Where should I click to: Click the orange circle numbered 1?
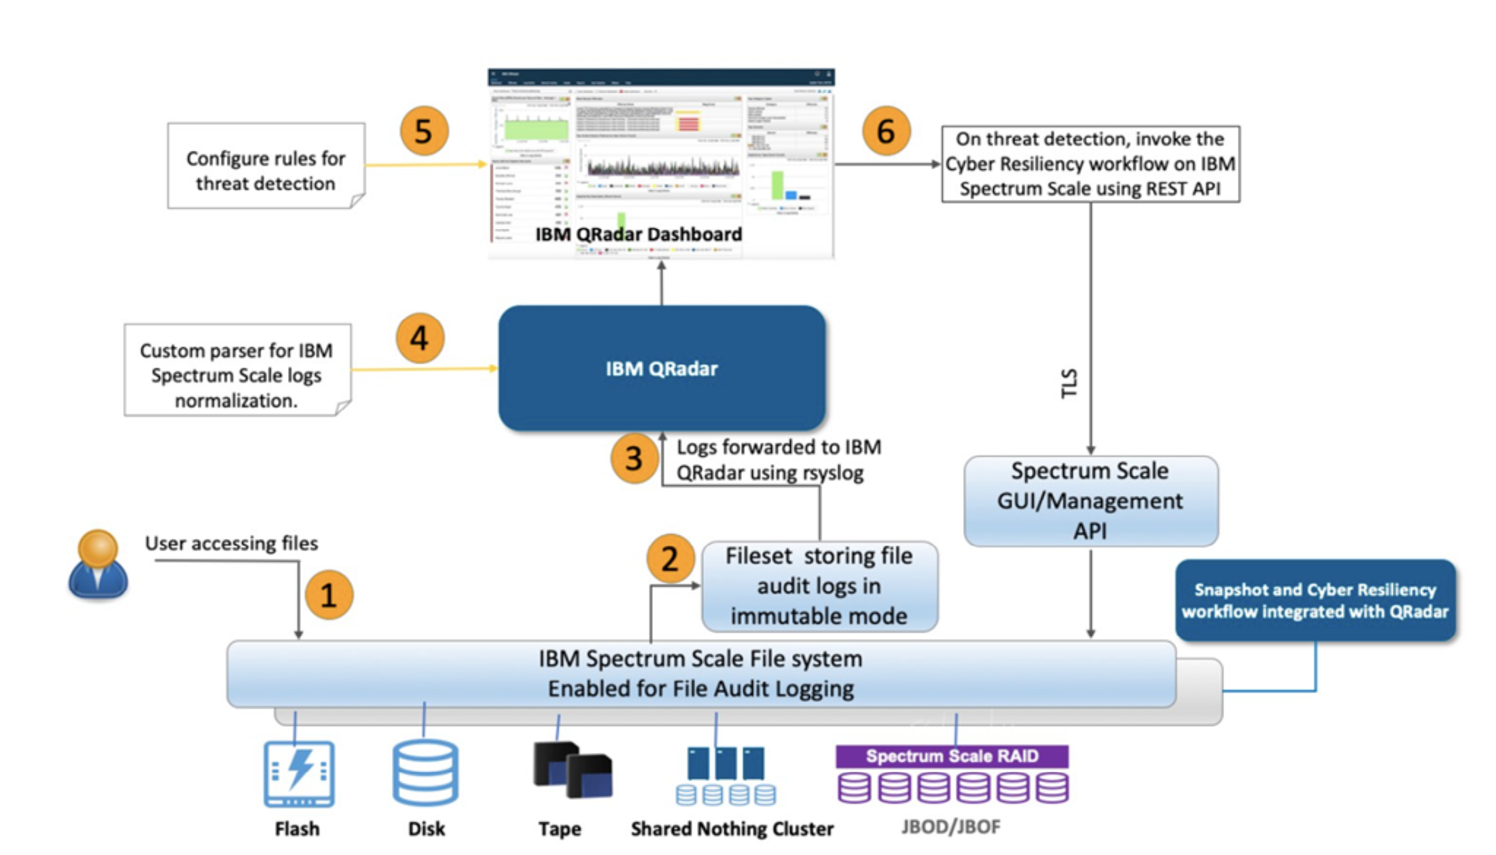(329, 595)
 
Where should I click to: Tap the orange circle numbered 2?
(670, 559)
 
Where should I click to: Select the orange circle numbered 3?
(634, 459)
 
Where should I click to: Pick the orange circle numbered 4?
(420, 338)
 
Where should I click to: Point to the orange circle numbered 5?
(423, 130)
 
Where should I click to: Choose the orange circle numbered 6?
(886, 130)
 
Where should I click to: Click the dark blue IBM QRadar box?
(662, 368)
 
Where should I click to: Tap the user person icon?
(98, 564)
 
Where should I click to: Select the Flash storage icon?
(299, 773)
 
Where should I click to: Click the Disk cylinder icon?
(425, 772)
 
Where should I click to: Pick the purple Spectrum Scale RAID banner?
(952, 756)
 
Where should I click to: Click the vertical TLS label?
(1069, 383)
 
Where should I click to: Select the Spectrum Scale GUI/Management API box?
(1090, 501)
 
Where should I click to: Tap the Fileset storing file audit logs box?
(819, 586)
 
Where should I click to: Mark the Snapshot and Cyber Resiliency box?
(1315, 600)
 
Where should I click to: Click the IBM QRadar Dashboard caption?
(639, 234)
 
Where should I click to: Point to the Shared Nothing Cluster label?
(732, 828)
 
